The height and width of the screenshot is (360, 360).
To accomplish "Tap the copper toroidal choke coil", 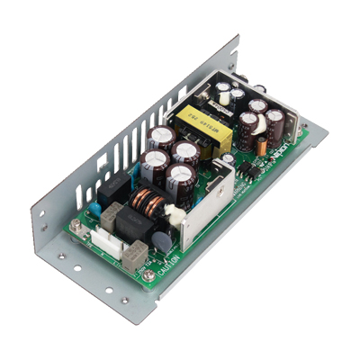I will click(x=146, y=202).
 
